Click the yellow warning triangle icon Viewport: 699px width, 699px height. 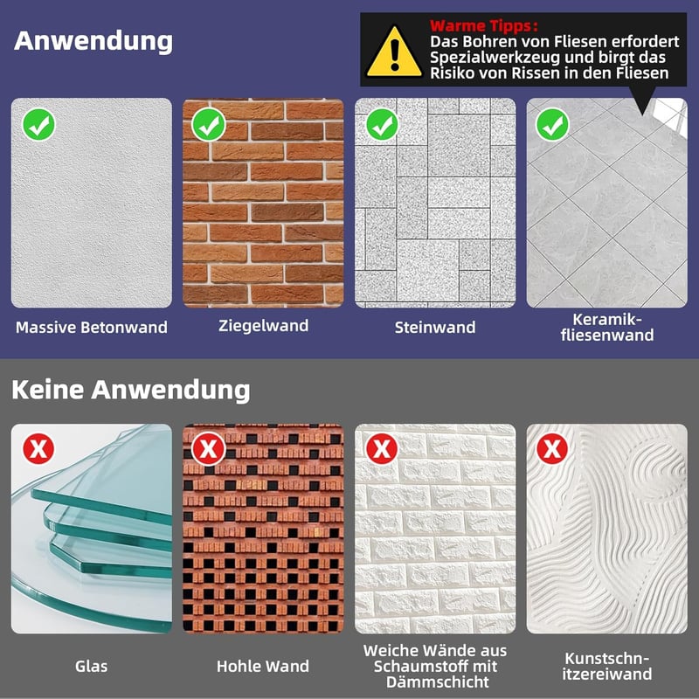pyautogui.click(x=394, y=52)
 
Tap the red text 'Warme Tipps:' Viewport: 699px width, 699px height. pyautogui.click(x=484, y=25)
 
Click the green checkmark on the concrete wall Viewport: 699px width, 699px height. pyautogui.click(x=38, y=125)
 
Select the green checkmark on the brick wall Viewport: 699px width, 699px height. pyautogui.click(x=209, y=125)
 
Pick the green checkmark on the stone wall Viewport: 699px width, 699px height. pyautogui.click(x=382, y=125)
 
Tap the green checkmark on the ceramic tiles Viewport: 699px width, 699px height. pyautogui.click(x=552, y=125)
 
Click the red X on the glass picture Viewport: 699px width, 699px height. pyautogui.click(x=38, y=448)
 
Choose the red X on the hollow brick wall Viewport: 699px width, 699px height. pyautogui.click(x=209, y=448)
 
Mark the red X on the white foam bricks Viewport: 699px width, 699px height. pyautogui.click(x=382, y=448)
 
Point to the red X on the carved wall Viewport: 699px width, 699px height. pyautogui.click(x=552, y=448)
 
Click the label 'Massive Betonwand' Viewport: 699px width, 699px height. pyautogui.click(x=92, y=327)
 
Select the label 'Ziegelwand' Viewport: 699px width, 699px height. pyautogui.click(x=264, y=325)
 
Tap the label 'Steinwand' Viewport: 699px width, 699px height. pyautogui.click(x=435, y=327)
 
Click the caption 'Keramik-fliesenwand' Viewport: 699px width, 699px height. pyautogui.click(x=607, y=327)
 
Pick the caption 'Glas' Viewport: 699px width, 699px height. pyautogui.click(x=92, y=666)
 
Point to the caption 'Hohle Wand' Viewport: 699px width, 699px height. pyautogui.click(x=263, y=666)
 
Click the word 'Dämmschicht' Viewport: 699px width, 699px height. pyautogui.click(x=438, y=682)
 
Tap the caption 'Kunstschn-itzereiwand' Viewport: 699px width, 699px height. pyautogui.click(x=607, y=666)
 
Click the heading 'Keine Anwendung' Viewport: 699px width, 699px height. pyautogui.click(x=130, y=390)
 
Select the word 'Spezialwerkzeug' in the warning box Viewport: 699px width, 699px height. pyautogui.click(x=495, y=57)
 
